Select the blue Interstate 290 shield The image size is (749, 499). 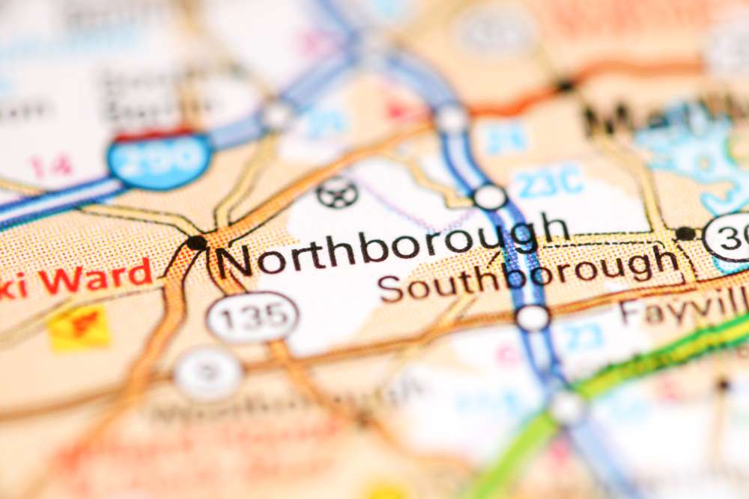pyautogui.click(x=158, y=159)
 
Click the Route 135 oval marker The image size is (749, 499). pyautogui.click(x=252, y=316)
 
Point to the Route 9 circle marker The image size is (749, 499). pyautogui.click(x=208, y=373)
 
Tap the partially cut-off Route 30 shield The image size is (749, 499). pyautogui.click(x=730, y=236)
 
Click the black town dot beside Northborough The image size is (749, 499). pyautogui.click(x=196, y=242)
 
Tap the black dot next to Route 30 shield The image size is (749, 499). pyautogui.click(x=685, y=233)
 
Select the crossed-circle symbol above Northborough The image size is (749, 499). pyautogui.click(x=337, y=192)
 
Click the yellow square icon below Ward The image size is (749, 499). pyautogui.click(x=79, y=327)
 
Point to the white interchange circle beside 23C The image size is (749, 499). pyautogui.click(x=491, y=197)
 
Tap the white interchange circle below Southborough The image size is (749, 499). pyautogui.click(x=533, y=318)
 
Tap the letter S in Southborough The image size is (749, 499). pyautogui.click(x=390, y=289)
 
